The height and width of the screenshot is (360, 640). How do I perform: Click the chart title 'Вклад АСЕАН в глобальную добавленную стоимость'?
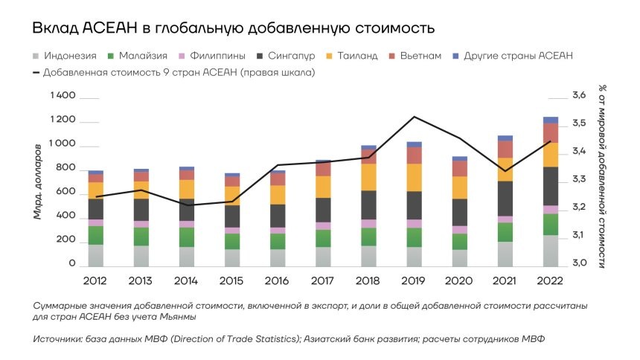[232, 28]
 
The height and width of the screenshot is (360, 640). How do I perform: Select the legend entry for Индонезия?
[68, 56]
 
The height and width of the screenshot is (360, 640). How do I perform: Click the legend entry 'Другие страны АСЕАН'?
[518, 56]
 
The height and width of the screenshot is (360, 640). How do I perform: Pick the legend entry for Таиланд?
[356, 56]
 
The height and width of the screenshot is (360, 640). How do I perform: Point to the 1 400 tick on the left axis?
[63, 97]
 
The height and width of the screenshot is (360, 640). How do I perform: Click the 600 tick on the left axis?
[65, 192]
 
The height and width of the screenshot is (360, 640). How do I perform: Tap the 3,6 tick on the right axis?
[580, 96]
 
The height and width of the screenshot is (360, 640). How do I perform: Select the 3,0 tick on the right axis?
[580, 263]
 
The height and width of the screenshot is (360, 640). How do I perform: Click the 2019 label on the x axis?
[413, 280]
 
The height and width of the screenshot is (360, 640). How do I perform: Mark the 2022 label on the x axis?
[551, 280]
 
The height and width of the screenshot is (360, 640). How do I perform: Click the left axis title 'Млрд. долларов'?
[38, 182]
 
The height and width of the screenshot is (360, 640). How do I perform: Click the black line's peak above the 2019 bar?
[414, 117]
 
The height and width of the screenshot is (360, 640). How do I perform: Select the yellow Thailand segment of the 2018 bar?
[368, 177]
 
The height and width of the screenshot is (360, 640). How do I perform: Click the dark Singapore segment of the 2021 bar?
[505, 198]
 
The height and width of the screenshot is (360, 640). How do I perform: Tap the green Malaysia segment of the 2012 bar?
[95, 235]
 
